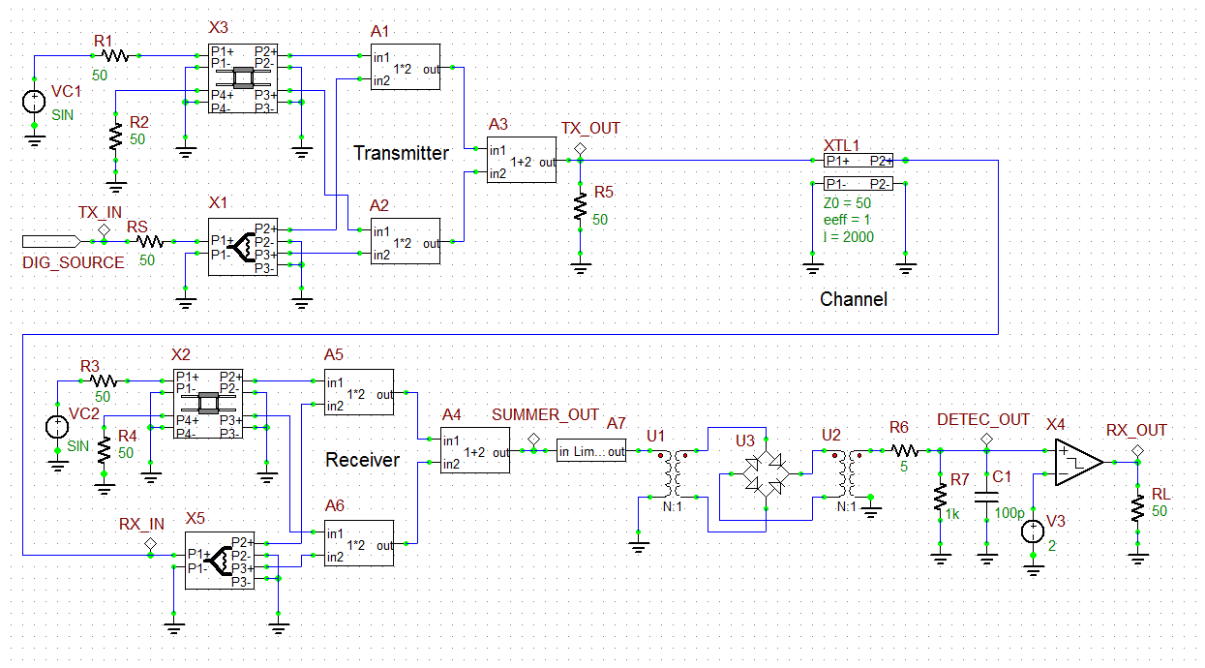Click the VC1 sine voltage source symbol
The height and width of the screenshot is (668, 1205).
click(x=34, y=101)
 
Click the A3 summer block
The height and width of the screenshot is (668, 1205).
click(x=522, y=161)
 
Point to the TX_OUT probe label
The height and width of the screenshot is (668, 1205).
click(x=590, y=128)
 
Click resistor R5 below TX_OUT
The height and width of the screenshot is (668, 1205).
click(x=580, y=207)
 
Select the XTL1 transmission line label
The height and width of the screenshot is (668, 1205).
click(x=841, y=144)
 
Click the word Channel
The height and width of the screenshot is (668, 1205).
click(x=853, y=299)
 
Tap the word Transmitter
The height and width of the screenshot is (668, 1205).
click(x=401, y=153)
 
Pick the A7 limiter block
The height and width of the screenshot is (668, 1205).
click(x=591, y=451)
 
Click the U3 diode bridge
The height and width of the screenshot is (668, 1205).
click(x=765, y=472)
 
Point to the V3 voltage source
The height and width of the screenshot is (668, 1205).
click(x=1033, y=531)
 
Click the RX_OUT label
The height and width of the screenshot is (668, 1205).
click(x=1136, y=430)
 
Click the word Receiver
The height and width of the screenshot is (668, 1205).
click(x=362, y=460)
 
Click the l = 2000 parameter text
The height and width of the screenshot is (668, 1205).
click(x=847, y=237)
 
